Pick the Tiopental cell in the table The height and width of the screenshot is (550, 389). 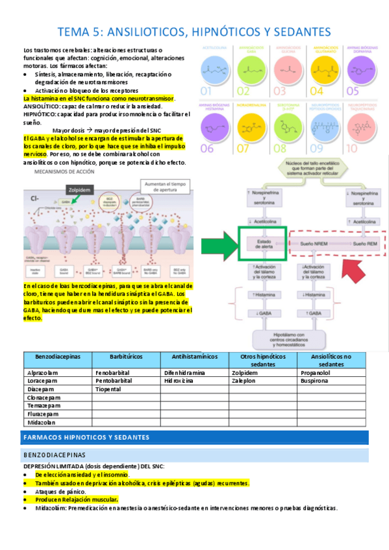click(108, 389)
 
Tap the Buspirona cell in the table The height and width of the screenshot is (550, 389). click(317, 381)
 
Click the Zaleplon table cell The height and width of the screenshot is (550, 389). click(245, 381)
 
